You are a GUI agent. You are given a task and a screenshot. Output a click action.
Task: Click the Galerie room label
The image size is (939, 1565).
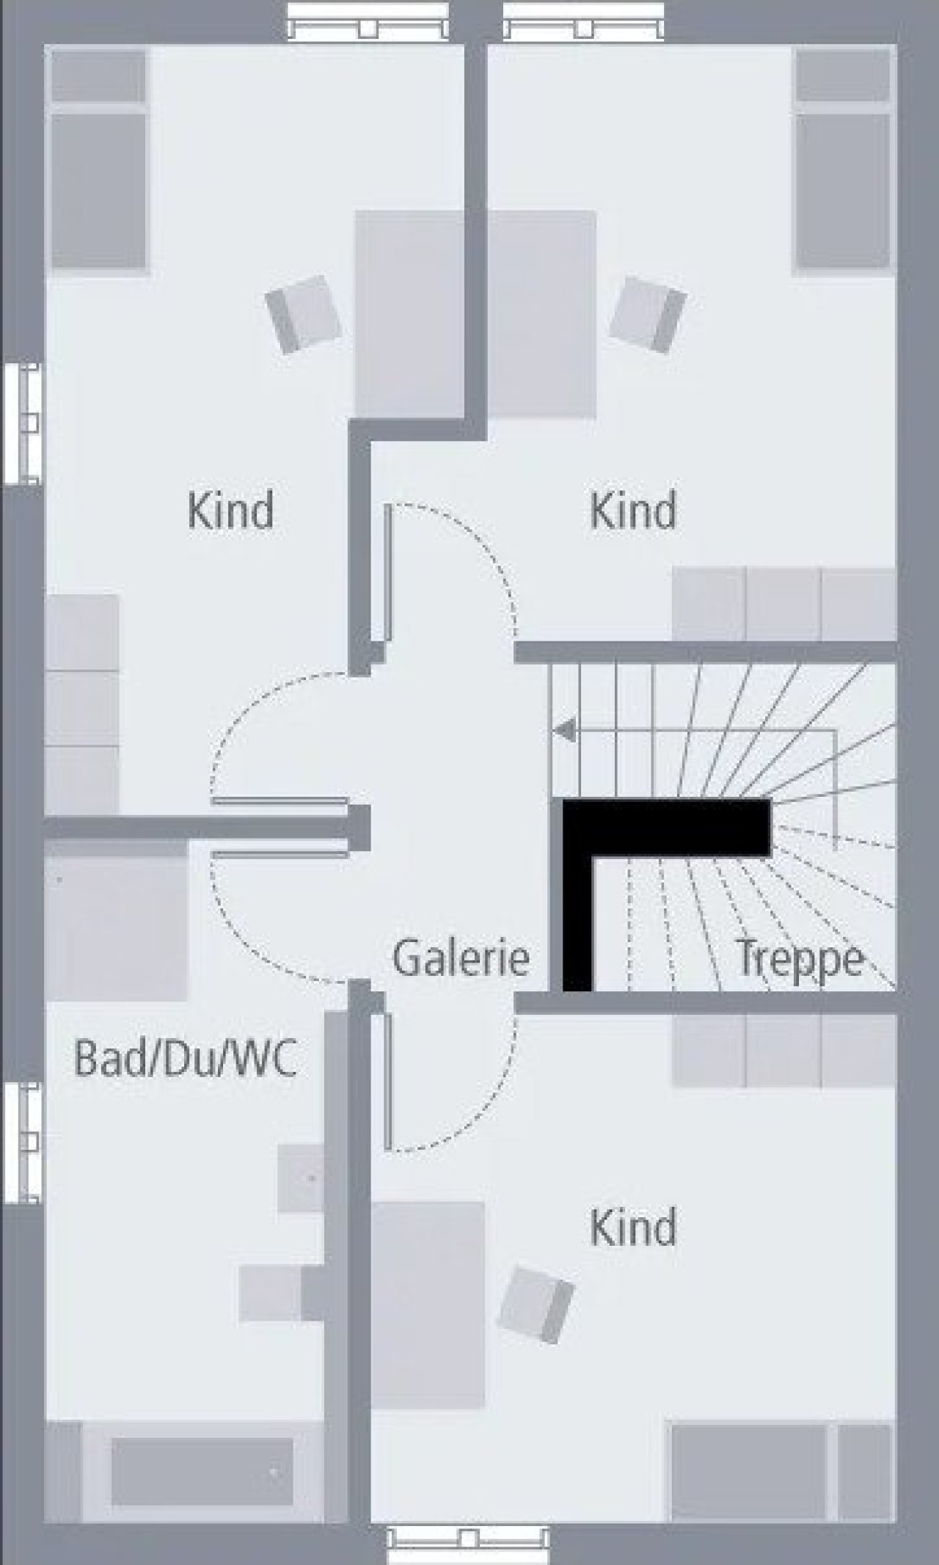point(461,957)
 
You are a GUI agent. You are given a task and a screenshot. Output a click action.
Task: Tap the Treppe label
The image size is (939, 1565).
point(800,959)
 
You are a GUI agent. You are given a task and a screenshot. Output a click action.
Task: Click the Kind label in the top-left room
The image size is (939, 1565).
point(230,510)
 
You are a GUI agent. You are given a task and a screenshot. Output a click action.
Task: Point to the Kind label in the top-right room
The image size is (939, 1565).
point(633,510)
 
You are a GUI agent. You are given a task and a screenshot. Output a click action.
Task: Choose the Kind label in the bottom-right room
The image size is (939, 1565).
point(633,1227)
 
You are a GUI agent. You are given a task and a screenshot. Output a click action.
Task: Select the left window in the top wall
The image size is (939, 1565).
point(368,21)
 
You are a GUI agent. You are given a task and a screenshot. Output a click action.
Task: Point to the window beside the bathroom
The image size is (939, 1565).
point(22,1142)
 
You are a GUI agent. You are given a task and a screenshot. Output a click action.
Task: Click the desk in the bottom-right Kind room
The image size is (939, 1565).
point(428,1305)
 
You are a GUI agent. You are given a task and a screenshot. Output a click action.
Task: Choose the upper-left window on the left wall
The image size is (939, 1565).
point(22,423)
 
